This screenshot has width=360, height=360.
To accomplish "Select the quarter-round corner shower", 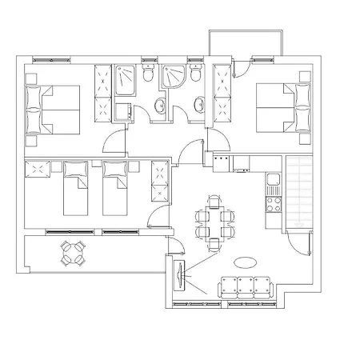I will click(x=171, y=78).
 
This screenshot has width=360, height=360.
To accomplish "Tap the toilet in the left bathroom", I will click(x=148, y=74).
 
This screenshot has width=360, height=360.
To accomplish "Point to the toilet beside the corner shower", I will click(x=194, y=74).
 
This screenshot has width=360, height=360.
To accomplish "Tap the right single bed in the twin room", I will click(x=115, y=189).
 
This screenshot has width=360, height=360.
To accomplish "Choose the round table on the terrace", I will click(x=74, y=255).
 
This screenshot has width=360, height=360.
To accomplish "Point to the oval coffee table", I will click(x=246, y=262).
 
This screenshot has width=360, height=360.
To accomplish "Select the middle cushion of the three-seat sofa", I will click(x=246, y=285).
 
